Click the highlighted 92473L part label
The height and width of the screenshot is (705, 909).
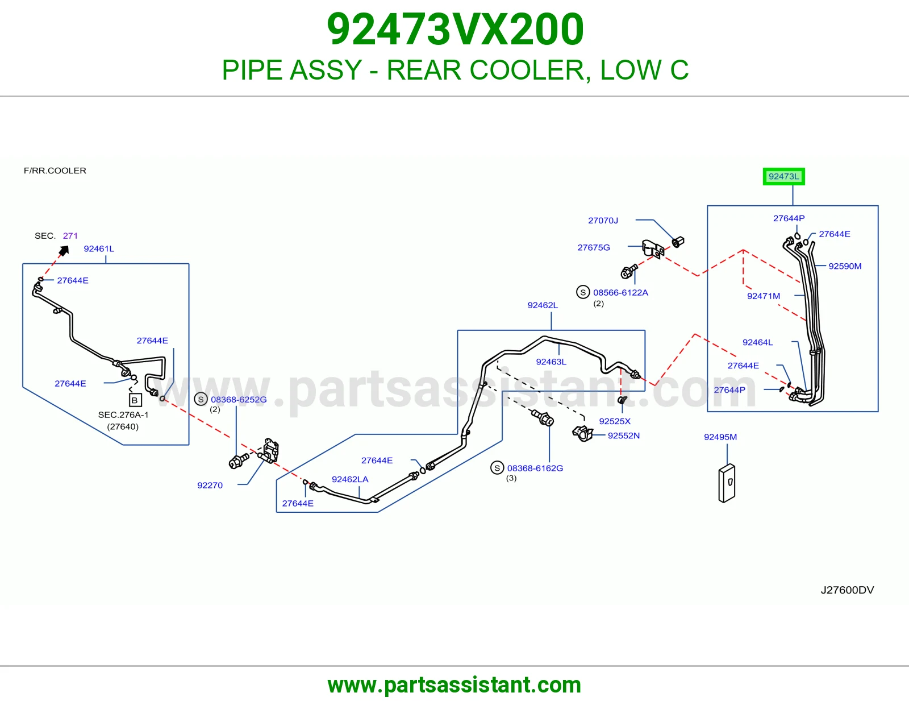tap(783, 176)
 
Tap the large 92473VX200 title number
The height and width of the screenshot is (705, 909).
tap(454, 29)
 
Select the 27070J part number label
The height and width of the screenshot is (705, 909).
tap(603, 220)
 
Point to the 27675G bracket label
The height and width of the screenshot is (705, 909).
tap(594, 247)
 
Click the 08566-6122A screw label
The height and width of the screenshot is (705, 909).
tap(620, 292)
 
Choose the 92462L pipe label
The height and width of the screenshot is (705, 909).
tap(543, 305)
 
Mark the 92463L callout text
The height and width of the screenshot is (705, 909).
tap(551, 361)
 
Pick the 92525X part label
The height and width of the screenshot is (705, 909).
tap(615, 421)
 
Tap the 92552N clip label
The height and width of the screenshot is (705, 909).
tap(623, 435)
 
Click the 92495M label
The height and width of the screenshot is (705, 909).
tap(720, 437)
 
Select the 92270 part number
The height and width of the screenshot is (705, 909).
tap(210, 485)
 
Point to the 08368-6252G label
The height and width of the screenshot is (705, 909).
tap(239, 399)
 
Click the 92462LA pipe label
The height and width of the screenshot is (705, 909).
tap(350, 479)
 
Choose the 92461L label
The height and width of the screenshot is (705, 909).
tap(99, 248)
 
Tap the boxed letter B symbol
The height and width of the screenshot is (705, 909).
tap(135, 400)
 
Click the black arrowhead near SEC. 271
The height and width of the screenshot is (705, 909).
tap(64, 250)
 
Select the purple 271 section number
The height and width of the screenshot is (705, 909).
tap(70, 235)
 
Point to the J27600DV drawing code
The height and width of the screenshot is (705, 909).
tap(847, 590)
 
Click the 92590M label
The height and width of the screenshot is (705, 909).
tap(845, 266)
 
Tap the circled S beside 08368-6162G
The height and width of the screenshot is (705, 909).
tap(497, 467)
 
